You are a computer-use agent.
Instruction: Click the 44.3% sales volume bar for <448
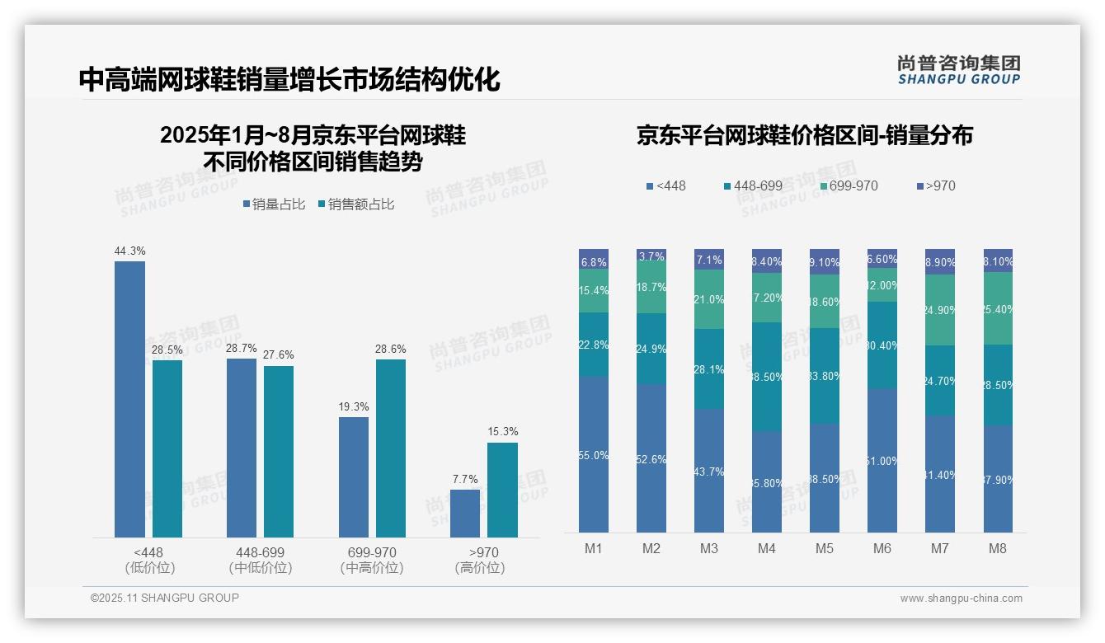129,399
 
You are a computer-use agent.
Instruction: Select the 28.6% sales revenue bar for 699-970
391,448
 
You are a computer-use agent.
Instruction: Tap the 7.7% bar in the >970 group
465,514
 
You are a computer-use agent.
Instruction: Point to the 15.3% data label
502,432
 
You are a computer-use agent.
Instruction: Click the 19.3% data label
354,406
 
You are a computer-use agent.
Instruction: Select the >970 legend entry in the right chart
935,185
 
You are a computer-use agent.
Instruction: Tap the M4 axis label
767,548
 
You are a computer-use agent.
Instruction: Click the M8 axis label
998,548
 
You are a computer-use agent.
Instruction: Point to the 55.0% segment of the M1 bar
594,454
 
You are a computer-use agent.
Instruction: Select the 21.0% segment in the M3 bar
709,299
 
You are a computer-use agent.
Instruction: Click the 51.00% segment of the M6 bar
882,460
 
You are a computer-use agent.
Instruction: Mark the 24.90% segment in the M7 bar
940,310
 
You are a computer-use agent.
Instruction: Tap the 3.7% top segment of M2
651,256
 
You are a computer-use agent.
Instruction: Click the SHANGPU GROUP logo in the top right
958,69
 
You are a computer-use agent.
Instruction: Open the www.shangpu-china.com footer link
961,598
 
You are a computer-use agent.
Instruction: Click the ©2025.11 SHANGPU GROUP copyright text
165,598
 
